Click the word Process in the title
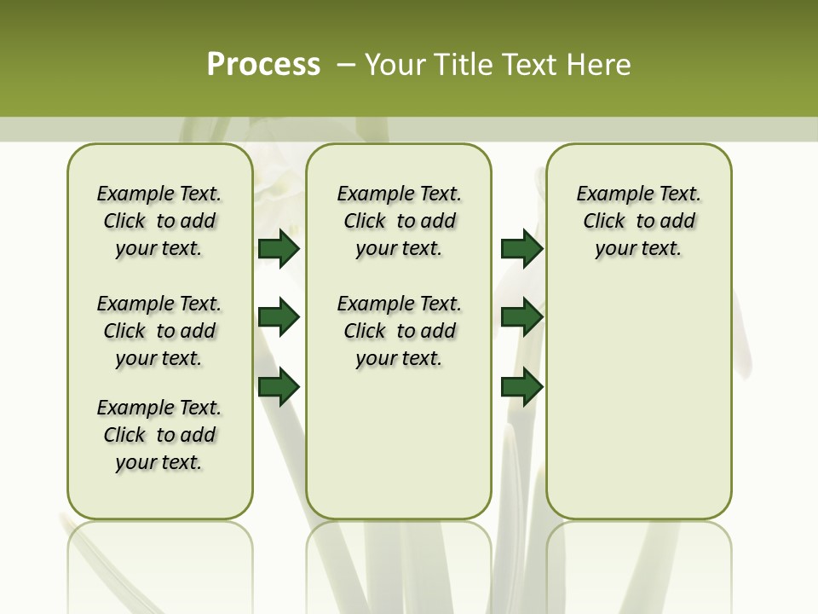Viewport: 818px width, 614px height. (263, 65)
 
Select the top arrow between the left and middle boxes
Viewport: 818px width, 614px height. (279, 248)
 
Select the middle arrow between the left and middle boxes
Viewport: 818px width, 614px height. (279, 317)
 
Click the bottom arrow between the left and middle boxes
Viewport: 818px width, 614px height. (279, 386)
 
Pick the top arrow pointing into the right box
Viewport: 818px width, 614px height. (521, 248)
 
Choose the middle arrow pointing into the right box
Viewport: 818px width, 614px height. (521, 317)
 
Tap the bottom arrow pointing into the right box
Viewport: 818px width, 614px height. (521, 386)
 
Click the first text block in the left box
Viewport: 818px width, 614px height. (159, 221)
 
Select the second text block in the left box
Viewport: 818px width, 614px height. (159, 331)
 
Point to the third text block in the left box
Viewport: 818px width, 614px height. (159, 435)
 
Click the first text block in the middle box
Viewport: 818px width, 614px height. (399, 221)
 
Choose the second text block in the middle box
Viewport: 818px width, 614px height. (399, 331)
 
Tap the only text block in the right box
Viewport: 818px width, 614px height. (638, 221)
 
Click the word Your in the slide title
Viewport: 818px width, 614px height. (395, 65)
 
